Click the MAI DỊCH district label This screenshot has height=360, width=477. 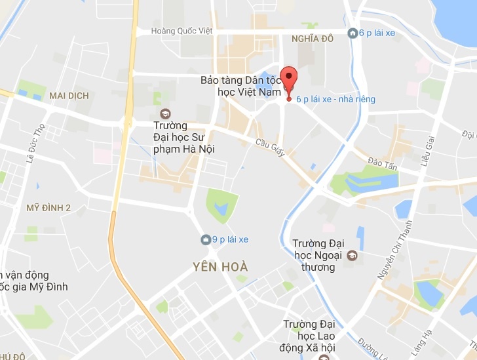[x=69, y=96]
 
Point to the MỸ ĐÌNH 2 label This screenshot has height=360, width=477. [x=48, y=208]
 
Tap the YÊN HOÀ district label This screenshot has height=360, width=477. [x=221, y=267]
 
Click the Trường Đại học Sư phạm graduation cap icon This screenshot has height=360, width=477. [x=164, y=113]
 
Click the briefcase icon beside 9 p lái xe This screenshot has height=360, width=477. [x=206, y=239]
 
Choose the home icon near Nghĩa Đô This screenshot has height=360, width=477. [x=353, y=33]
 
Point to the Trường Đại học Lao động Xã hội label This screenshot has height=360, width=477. [x=309, y=335]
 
